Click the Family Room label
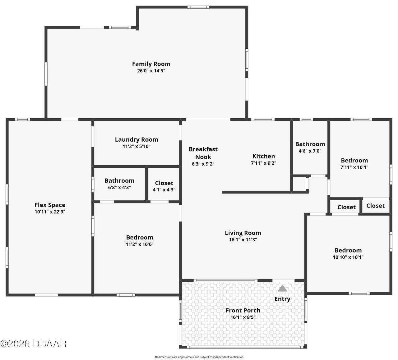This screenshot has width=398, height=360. click(151, 64)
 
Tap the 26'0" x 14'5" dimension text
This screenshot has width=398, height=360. click(151, 71)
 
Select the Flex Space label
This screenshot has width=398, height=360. click(50, 205)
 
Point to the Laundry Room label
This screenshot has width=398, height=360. click(137, 139)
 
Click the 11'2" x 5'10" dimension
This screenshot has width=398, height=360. click(137, 147)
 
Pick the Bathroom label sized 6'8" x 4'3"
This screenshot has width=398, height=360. click(119, 180)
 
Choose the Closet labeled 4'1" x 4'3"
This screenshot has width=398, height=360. click(164, 183)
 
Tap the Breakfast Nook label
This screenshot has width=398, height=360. click(203, 153)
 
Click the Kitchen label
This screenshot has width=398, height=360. click(264, 156)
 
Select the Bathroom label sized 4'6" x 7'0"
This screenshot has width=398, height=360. click(310, 144)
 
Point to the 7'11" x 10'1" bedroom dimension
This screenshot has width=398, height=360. click(354, 167)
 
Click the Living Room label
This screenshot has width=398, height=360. click(243, 233)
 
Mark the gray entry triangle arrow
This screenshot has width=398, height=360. click(282, 288)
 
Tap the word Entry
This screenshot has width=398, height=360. click(282, 299)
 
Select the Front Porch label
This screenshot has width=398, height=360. click(243, 310)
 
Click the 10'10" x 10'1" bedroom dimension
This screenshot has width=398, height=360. click(348, 257)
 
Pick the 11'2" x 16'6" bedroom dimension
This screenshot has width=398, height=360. click(140, 244)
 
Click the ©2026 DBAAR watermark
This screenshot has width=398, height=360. click(33, 344)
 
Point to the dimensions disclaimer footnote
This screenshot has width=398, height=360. click(199, 357)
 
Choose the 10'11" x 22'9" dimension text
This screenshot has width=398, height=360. click(50, 212)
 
